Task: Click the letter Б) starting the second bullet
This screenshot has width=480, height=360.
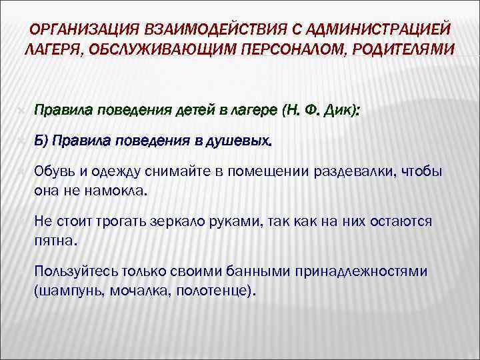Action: tap(41, 141)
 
